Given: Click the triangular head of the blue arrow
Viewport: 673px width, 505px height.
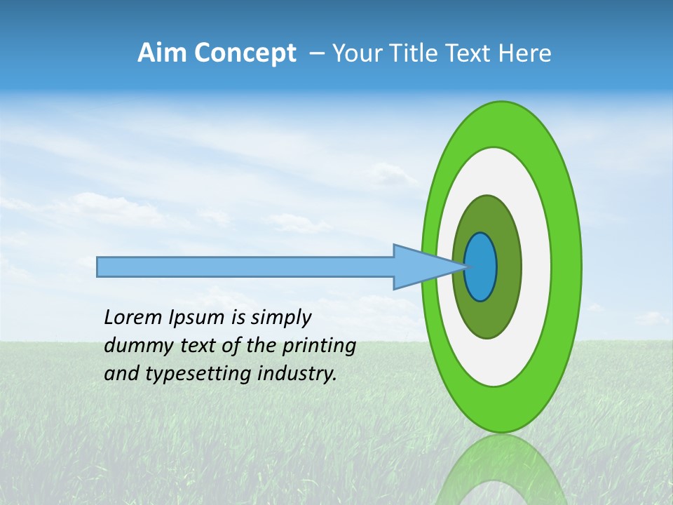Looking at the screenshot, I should [x=421, y=267].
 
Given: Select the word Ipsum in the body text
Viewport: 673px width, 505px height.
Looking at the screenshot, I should [x=196, y=318].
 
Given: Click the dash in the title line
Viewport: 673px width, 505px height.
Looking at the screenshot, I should [x=316, y=54].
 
